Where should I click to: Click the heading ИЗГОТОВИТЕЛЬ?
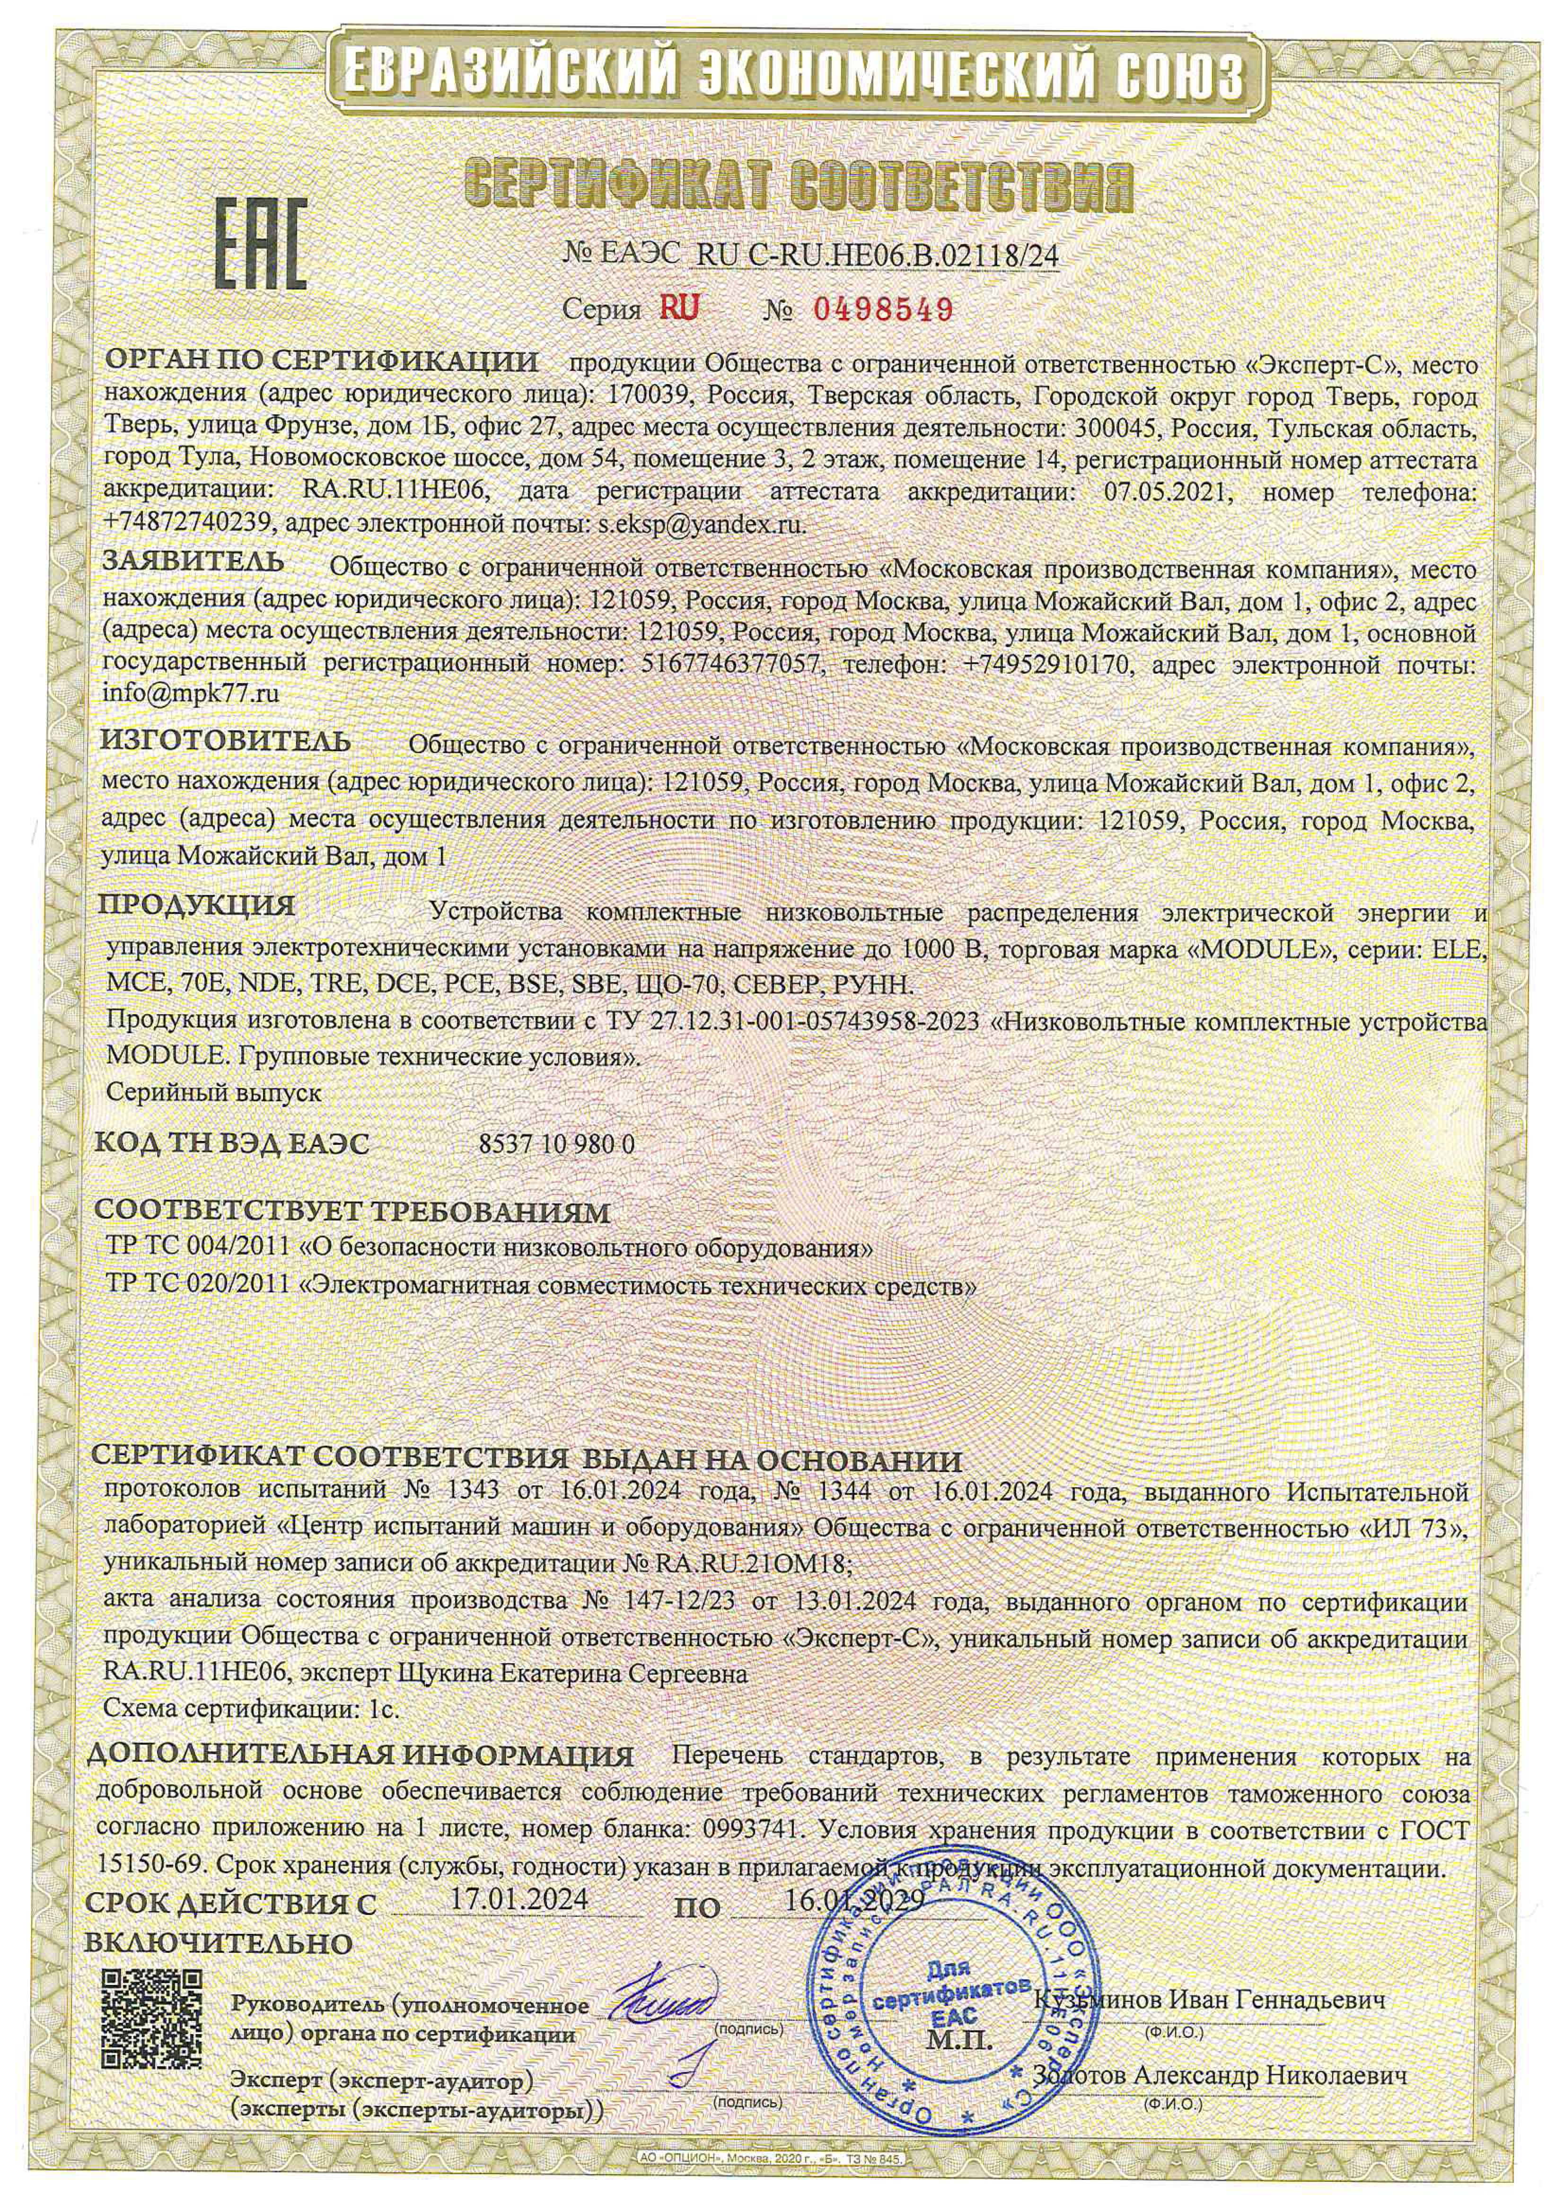(x=227, y=742)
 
